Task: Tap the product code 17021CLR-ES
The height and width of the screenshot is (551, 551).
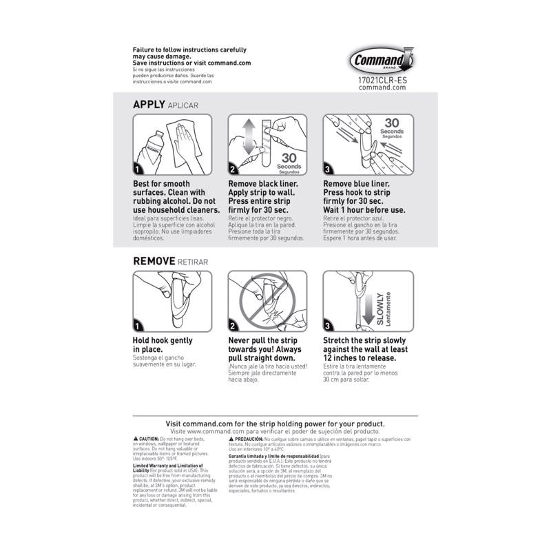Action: point(382,80)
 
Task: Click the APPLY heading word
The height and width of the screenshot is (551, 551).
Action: point(149,104)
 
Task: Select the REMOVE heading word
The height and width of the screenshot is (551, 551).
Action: point(156,261)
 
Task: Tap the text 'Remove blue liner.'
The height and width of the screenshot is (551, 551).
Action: point(356,185)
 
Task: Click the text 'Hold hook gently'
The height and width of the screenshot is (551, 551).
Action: point(163,340)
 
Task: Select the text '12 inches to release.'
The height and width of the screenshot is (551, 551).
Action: point(360,358)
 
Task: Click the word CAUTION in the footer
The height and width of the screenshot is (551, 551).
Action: point(148,439)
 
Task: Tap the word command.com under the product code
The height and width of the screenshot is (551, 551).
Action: point(382,88)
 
